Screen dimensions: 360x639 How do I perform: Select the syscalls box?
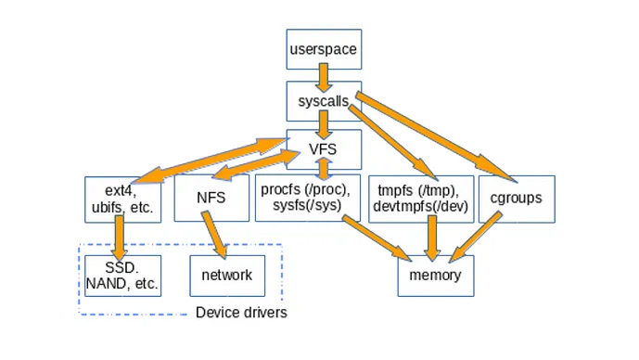[x=322, y=100]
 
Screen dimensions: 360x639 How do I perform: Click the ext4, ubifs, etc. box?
[x=124, y=198]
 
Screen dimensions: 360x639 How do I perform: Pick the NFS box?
[x=211, y=198]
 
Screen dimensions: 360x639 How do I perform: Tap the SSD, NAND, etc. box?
[x=121, y=276]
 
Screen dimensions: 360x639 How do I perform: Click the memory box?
[x=429, y=276]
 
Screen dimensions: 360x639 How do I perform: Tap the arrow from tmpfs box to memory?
[x=429, y=238]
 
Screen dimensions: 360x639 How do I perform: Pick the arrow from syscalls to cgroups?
[x=436, y=135]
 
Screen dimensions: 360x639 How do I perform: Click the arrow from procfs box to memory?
[x=376, y=238]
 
